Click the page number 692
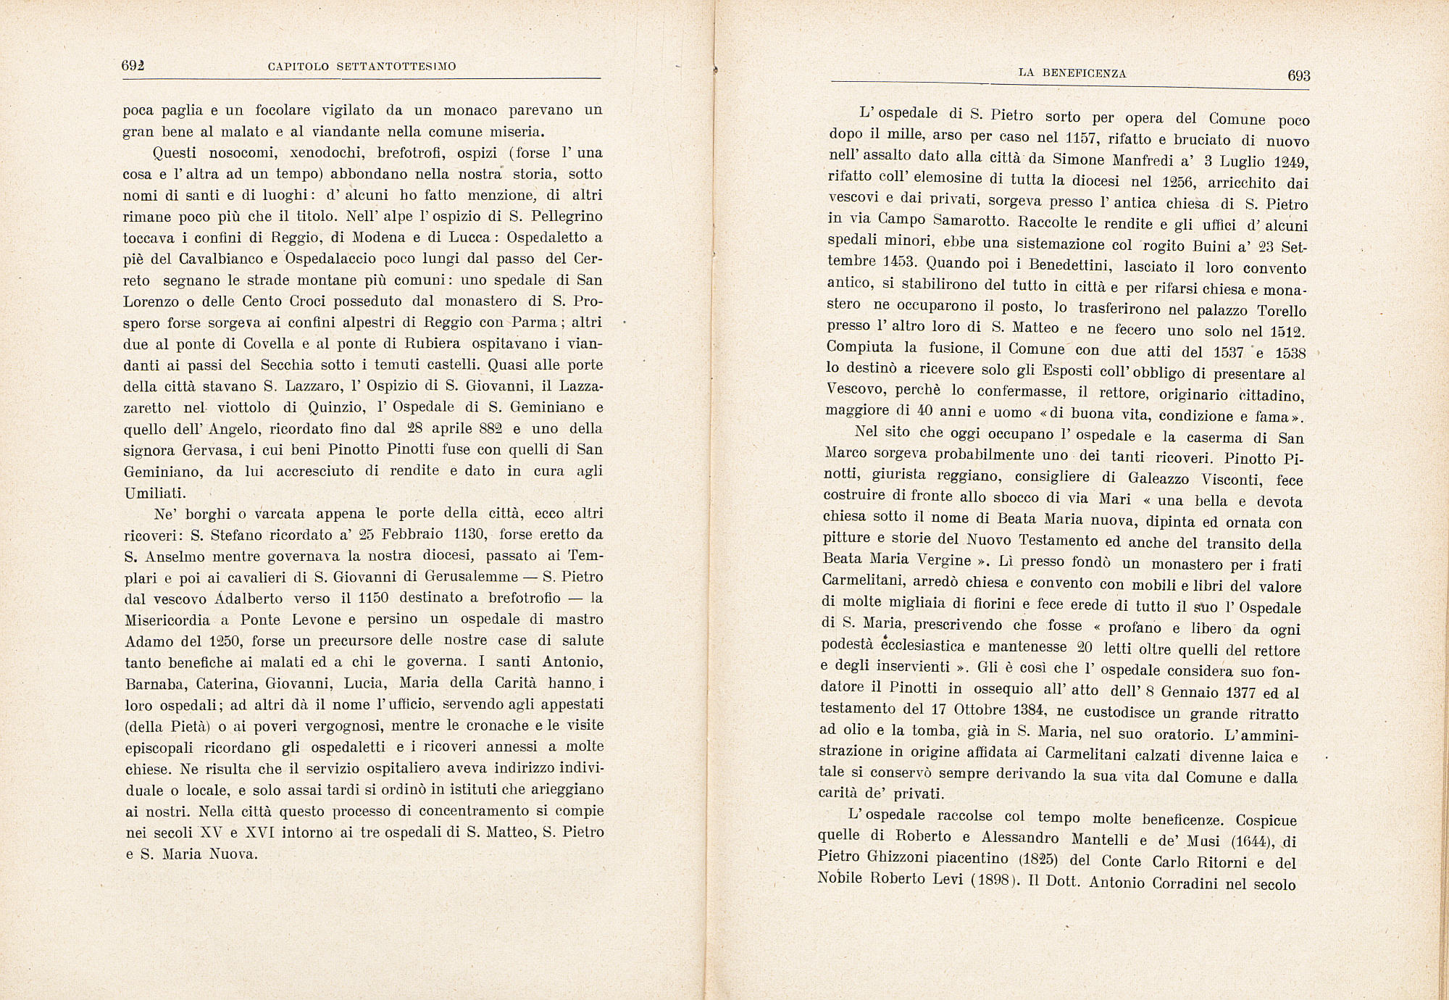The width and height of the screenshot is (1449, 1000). [133, 65]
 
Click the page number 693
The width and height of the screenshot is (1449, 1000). [1298, 76]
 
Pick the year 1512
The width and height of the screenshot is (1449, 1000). [1287, 332]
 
